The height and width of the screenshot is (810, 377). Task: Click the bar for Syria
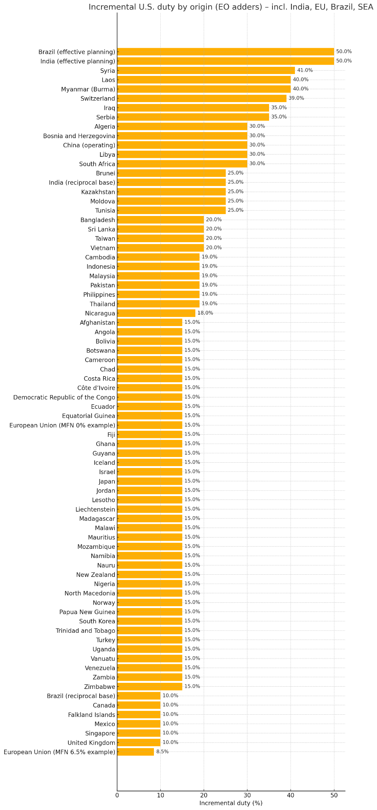coord(206,70)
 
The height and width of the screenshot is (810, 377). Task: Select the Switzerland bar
coord(201,98)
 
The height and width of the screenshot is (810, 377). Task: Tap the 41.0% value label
coord(304,70)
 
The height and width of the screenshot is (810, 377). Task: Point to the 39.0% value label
coord(296,98)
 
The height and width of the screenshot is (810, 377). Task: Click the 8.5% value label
coord(162,752)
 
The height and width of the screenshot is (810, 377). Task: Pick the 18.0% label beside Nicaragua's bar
coord(205,313)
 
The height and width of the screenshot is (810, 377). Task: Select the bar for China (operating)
coord(182,145)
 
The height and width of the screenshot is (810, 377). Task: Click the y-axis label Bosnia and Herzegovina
coord(79,136)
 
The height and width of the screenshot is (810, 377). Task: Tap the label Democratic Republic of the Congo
coord(64,397)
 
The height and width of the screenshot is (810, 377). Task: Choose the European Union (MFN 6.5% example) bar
coord(135,752)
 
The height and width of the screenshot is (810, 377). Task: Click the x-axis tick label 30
coord(247,795)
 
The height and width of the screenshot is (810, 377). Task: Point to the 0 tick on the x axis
coord(117,795)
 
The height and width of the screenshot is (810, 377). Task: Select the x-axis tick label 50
coord(334,795)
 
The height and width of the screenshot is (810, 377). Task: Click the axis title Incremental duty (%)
coord(231,803)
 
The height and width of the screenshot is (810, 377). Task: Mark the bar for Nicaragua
coord(156,313)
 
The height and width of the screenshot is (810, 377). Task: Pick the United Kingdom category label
coord(91,743)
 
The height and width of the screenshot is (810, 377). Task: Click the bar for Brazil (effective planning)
coord(225,52)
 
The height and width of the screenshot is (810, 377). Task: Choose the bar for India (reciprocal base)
coord(171,182)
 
